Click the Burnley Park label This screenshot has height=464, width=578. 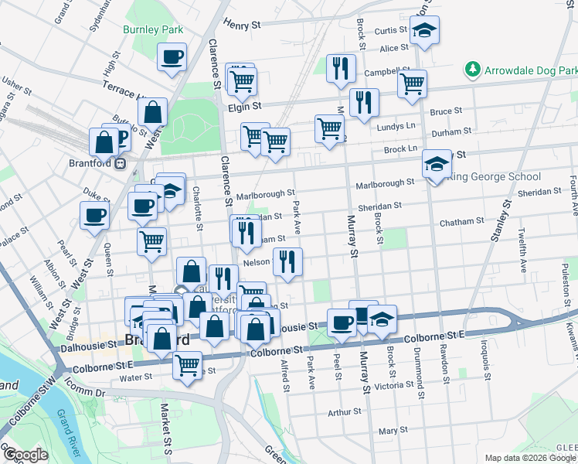(x=153, y=29)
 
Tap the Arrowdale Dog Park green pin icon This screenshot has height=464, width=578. (x=473, y=70)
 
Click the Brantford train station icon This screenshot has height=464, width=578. (x=121, y=163)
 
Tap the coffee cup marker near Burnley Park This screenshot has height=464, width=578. (x=172, y=56)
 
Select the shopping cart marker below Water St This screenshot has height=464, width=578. (x=187, y=364)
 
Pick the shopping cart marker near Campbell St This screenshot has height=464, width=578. (x=413, y=82)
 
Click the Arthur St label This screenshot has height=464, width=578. (x=345, y=413)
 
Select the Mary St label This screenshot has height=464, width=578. (x=393, y=430)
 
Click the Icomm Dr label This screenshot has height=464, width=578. (x=84, y=393)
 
